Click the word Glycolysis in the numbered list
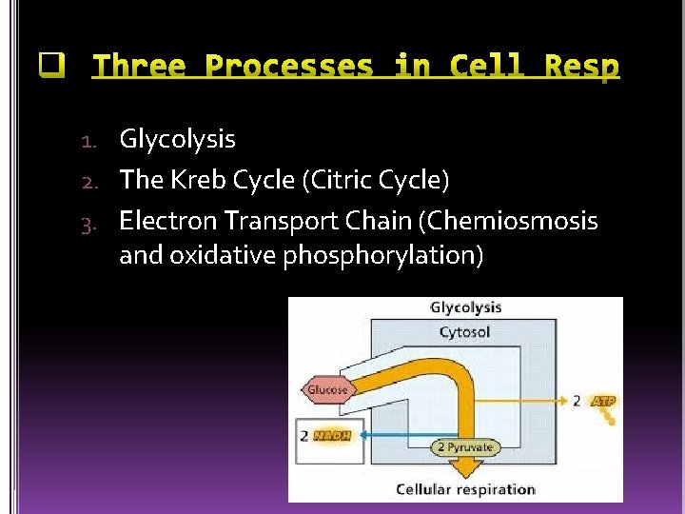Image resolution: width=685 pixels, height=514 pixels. coord(177,140)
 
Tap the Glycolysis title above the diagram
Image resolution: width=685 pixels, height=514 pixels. coord(465,307)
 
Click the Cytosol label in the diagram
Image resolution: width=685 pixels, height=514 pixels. coord(465,332)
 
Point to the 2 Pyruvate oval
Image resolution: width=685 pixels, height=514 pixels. coord(465,446)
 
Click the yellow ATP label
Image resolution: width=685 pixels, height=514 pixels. coord(603,402)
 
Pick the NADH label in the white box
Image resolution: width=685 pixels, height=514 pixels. coord(332,436)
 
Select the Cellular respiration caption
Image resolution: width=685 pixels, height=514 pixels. coord(465,489)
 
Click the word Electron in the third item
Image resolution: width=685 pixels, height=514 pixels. coord(168,221)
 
